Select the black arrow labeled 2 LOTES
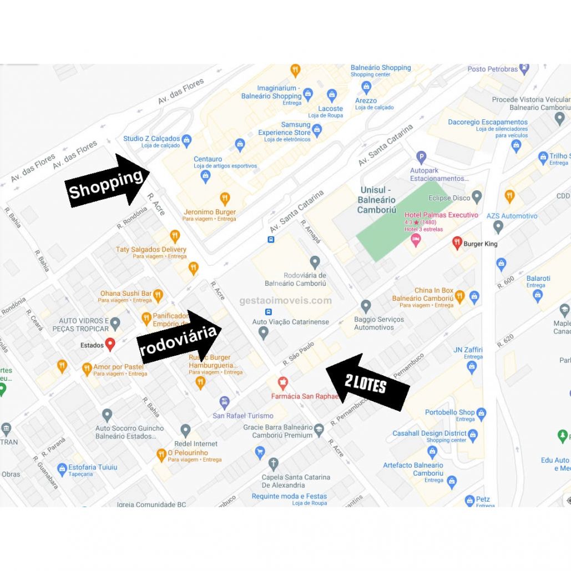(x=367, y=383)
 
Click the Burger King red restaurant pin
(x=457, y=242)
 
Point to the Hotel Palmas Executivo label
(x=441, y=215)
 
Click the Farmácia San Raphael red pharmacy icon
(x=283, y=383)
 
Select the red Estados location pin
(x=110, y=344)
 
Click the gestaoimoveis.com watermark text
(x=285, y=301)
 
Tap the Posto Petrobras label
(x=492, y=69)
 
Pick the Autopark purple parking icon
(x=421, y=158)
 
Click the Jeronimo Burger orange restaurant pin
(x=225, y=198)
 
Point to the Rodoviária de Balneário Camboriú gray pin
(x=315, y=262)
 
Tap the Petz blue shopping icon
(x=469, y=501)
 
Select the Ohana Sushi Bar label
(x=126, y=294)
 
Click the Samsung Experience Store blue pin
(x=317, y=130)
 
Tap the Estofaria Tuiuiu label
(x=93, y=467)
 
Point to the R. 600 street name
(x=506, y=282)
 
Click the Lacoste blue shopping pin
(x=332, y=95)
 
